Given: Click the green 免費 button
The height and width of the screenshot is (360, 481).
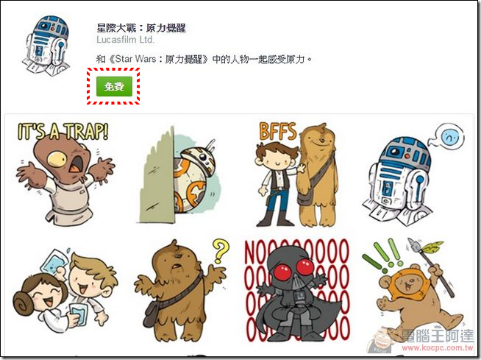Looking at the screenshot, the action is pyautogui.click(x=114, y=86).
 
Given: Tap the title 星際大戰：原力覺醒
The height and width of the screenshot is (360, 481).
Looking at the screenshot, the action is pyautogui.click(x=141, y=28).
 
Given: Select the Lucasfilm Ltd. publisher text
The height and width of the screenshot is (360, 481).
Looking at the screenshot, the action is pyautogui.click(x=125, y=40).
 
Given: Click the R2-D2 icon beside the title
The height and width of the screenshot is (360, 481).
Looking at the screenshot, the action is pyautogui.click(x=46, y=44).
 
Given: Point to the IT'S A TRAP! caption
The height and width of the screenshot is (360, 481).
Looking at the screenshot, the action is pyautogui.click(x=63, y=132).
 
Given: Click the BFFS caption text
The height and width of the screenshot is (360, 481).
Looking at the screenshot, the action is pyautogui.click(x=278, y=131).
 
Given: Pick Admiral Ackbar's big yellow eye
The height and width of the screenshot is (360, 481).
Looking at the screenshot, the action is pyautogui.click(x=57, y=158).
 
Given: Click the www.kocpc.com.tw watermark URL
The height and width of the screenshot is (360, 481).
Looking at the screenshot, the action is pyautogui.click(x=438, y=347).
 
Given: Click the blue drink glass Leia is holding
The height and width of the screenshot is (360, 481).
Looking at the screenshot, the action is pyautogui.click(x=78, y=314).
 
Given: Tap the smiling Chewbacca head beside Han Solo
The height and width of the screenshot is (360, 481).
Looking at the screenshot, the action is pyautogui.click(x=318, y=140).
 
